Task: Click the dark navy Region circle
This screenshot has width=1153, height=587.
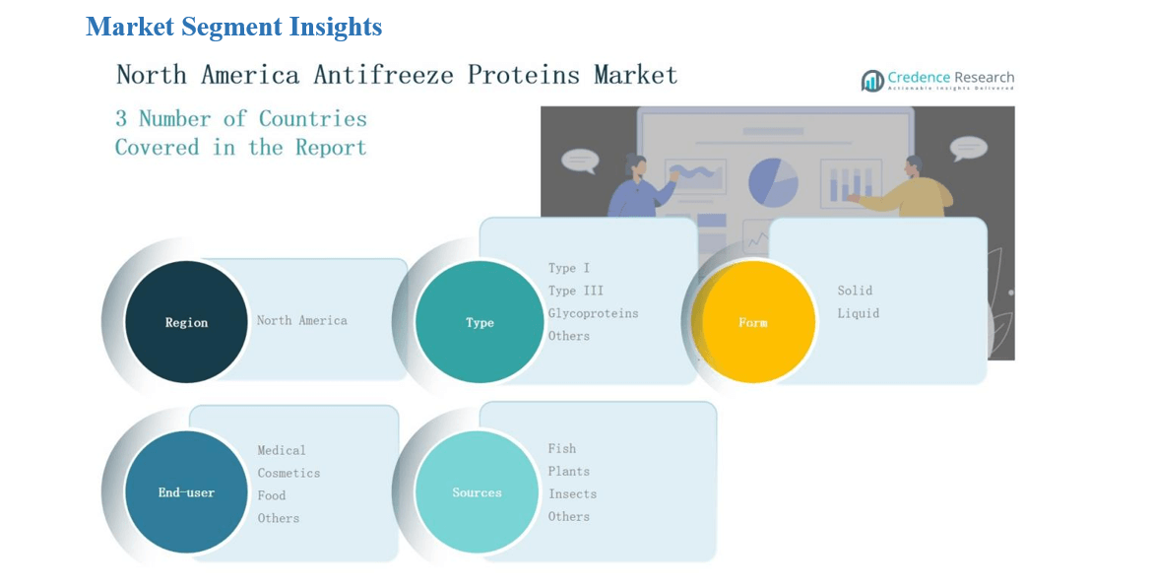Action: (x=186, y=321)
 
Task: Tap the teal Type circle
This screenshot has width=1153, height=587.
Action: (x=479, y=321)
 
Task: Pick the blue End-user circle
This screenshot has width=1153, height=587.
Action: (x=186, y=492)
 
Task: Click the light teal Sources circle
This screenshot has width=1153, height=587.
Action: (x=477, y=492)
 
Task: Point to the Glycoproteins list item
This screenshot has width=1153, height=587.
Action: (x=593, y=313)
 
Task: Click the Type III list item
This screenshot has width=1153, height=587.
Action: (x=575, y=291)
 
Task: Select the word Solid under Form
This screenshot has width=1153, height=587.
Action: (x=855, y=291)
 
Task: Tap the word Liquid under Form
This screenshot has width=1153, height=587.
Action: (x=859, y=313)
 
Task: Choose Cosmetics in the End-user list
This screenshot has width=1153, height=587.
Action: (x=288, y=473)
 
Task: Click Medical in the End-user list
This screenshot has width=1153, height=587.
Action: (x=281, y=450)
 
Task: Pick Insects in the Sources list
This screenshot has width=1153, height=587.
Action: (x=572, y=494)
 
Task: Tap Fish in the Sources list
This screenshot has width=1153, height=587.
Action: (x=562, y=449)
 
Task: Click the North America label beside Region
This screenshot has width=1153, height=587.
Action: (x=301, y=321)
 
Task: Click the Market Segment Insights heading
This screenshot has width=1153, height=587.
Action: (x=233, y=27)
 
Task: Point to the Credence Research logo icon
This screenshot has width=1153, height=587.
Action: (x=872, y=81)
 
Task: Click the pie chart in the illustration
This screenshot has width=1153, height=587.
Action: (x=773, y=182)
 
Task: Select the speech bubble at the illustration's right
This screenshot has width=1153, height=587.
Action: (x=969, y=149)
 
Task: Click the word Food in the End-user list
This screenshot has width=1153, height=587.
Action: (x=272, y=495)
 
